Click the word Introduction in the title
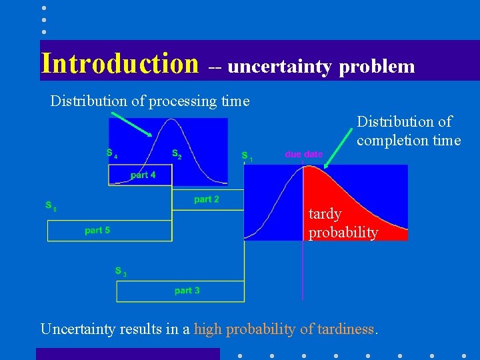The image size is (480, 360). (x=120, y=63)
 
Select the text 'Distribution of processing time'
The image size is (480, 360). (x=150, y=101)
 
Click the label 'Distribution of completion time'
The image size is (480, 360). (x=409, y=131)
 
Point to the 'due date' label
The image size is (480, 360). (x=303, y=154)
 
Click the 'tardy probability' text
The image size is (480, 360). (x=343, y=223)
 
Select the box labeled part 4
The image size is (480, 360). (x=141, y=175)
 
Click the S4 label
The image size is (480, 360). (x=111, y=153)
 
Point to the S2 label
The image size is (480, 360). (x=177, y=154)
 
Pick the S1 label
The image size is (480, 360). (x=246, y=157)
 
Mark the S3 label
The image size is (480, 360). (x=120, y=271)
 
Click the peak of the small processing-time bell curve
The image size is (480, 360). (x=172, y=121)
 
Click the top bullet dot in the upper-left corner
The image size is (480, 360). (x=43, y=8)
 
